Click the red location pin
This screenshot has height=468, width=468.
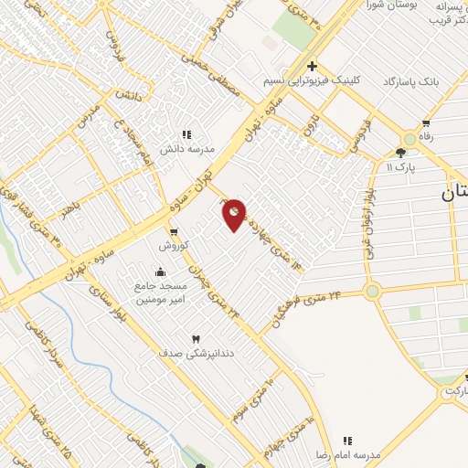(234, 215)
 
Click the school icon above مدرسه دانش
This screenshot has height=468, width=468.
(187, 133)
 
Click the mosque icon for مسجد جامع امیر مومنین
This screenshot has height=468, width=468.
(161, 271)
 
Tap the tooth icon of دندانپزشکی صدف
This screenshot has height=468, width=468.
(194, 339)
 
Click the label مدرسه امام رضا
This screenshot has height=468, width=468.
(346, 454)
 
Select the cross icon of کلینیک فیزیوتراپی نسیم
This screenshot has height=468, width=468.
(312, 66)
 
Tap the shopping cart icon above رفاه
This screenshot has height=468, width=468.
(426, 123)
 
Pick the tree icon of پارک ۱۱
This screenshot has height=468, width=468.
(400, 153)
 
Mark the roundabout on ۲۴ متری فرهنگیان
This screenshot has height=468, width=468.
(372, 292)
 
